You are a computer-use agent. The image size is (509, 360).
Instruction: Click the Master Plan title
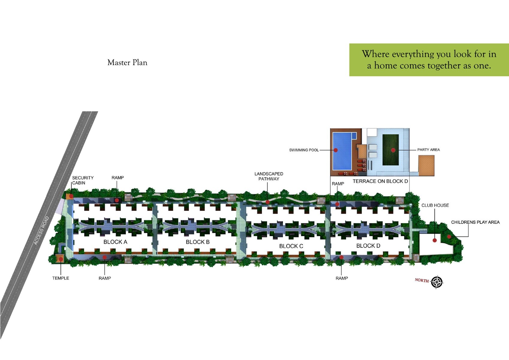(127, 62)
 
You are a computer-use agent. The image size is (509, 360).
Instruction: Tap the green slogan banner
(429, 60)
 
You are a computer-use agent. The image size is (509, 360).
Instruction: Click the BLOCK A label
(115, 242)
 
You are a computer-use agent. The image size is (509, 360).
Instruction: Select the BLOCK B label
(198, 242)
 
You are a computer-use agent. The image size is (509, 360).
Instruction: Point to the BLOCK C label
(291, 246)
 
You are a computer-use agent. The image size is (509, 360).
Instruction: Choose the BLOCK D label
(368, 246)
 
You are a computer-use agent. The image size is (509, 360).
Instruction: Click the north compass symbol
(437, 282)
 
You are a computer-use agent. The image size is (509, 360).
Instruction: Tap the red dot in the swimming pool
(336, 150)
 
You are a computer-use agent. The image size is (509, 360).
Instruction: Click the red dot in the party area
(393, 150)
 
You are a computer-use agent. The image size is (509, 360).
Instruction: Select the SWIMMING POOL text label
(304, 150)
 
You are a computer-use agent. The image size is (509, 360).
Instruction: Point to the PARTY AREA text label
(428, 150)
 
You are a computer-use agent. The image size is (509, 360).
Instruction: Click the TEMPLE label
(61, 278)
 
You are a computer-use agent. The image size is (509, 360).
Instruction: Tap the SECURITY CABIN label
(83, 180)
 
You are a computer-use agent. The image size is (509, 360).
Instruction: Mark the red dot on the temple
(61, 259)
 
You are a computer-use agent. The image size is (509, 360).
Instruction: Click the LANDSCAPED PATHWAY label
(269, 176)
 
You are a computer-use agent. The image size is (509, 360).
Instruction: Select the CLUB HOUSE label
(435, 205)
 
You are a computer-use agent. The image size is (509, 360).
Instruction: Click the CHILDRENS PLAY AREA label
(475, 222)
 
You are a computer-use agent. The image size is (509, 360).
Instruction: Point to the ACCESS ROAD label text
(41, 230)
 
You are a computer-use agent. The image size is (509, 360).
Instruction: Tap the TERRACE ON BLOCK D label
(380, 181)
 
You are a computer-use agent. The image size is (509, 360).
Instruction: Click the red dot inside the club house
(435, 240)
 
